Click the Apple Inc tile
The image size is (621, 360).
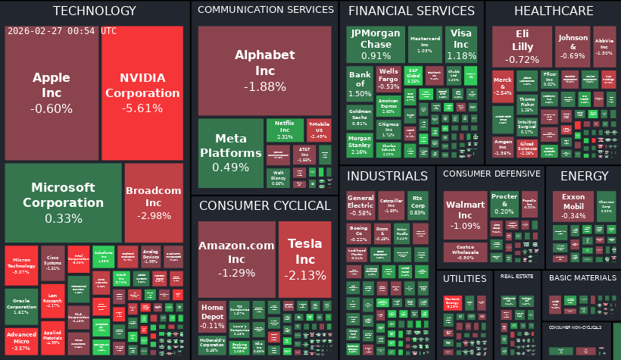click(51, 92)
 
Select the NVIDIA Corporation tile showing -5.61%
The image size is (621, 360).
click(142, 92)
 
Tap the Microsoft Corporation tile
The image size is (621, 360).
click(63, 202)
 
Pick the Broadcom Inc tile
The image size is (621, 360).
click(154, 202)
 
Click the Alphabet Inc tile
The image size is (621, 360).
click(264, 70)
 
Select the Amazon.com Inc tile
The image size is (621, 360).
click(236, 258)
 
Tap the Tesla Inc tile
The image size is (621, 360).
click(304, 258)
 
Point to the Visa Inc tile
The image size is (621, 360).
click(461, 45)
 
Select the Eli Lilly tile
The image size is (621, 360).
click(522, 47)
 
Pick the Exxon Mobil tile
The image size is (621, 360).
click(573, 205)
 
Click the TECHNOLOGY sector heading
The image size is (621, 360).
click(95, 11)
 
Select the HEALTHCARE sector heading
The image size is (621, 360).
click(554, 11)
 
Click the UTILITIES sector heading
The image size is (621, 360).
click(464, 279)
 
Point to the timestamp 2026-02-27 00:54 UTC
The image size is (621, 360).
click(62, 31)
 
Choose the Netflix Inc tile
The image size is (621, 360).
click(284, 130)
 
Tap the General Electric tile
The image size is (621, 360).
click(360, 205)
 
